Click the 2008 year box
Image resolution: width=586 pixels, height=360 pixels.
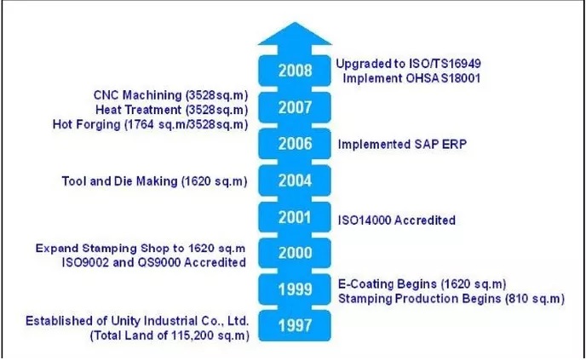[x=295, y=71]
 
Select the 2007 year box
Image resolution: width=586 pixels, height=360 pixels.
[x=295, y=107]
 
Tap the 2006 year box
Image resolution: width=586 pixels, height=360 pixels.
[x=295, y=144]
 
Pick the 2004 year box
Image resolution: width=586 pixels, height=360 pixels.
[x=295, y=180]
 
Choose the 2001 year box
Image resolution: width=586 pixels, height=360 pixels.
[x=295, y=217]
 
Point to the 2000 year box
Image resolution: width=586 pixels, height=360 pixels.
[x=295, y=253]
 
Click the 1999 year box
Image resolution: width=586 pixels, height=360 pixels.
[x=295, y=289]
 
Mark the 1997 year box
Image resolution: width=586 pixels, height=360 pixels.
[x=295, y=325]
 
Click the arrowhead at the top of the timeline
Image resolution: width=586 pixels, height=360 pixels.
[x=295, y=34]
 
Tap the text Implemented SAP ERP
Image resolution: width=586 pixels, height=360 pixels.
[x=402, y=144]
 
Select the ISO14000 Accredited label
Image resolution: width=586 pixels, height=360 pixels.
[x=397, y=220]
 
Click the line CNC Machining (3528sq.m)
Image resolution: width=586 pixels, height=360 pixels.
[x=171, y=95]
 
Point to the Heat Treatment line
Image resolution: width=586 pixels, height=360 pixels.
[x=172, y=110]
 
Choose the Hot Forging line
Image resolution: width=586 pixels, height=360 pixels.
[x=150, y=124]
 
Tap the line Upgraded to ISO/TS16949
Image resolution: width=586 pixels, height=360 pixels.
[x=408, y=64]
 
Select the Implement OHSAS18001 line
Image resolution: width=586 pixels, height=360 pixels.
[x=411, y=78]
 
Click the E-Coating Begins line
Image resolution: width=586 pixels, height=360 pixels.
[x=422, y=284]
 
